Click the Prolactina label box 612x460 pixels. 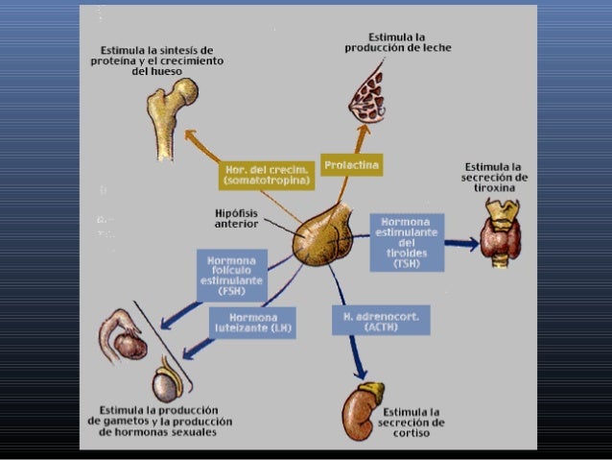(351, 166)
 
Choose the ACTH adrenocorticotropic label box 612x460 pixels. (380, 320)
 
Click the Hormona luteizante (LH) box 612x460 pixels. (252, 323)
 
